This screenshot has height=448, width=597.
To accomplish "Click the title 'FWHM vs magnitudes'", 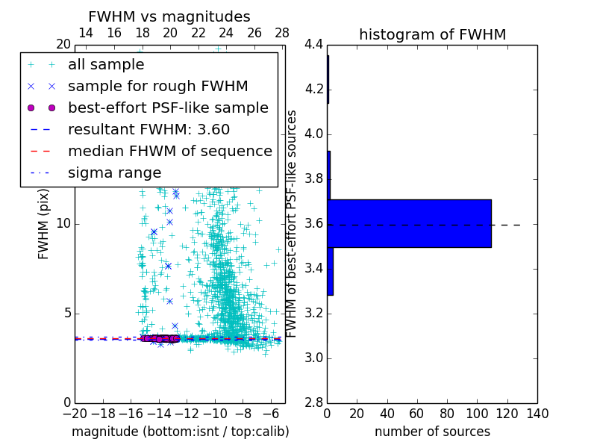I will pos(169,17).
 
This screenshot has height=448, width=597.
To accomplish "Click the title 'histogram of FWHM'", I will pos(432,34).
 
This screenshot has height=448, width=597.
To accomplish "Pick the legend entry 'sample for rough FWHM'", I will pos(157,87).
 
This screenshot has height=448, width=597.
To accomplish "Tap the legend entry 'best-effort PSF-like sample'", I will pos(168,108).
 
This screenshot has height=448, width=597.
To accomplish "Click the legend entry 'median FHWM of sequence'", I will pos(169,152).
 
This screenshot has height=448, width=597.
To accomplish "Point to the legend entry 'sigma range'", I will pos(114,173).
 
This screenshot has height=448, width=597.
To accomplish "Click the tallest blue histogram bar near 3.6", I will pos(409,223).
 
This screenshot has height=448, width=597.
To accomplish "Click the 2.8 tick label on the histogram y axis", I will pos(313,403).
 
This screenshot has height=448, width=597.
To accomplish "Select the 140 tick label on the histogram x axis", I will pos(537,414).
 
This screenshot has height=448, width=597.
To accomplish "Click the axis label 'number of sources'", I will pos(432,432).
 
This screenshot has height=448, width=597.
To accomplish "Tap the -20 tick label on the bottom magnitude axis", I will pos(75,414).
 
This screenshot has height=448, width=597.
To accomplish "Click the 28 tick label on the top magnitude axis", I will pos(282,34).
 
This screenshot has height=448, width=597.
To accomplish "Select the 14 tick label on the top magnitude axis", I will pos(86,34).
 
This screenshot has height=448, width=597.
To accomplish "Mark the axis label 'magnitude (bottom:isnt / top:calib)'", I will pos(180,432).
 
